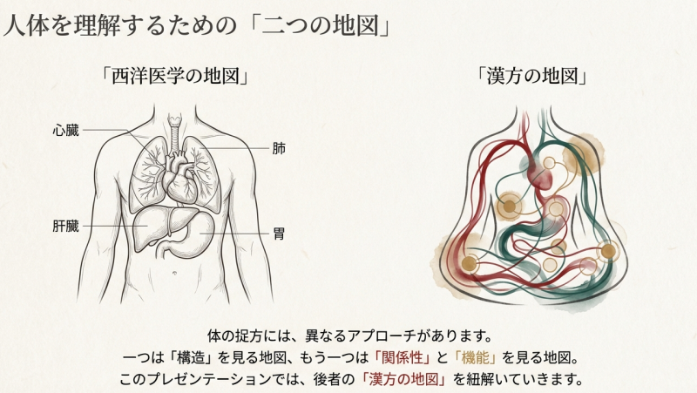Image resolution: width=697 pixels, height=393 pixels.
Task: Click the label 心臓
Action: tap(66, 131)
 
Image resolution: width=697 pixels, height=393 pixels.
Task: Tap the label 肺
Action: tap(279, 148)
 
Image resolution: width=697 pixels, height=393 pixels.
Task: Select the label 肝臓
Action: tap(66, 227)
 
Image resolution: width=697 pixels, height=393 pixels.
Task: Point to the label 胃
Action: tap(279, 234)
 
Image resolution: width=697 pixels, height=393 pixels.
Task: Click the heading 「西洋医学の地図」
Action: tap(174, 77)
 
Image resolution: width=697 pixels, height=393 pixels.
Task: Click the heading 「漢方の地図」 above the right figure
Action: tap(532, 77)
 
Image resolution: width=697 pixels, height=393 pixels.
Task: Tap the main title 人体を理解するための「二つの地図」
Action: tap(199, 25)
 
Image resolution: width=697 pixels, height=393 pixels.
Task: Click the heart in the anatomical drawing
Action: tap(179, 178)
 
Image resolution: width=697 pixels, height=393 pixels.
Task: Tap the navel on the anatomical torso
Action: tap(174, 272)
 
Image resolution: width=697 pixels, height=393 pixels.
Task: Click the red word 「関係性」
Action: tap(403, 357)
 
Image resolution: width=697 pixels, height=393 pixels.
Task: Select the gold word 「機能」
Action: tap(475, 357)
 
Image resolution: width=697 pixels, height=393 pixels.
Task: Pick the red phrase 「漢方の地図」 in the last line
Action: tap(404, 379)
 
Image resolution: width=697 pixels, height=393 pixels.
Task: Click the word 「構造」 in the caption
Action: tap(191, 357)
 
